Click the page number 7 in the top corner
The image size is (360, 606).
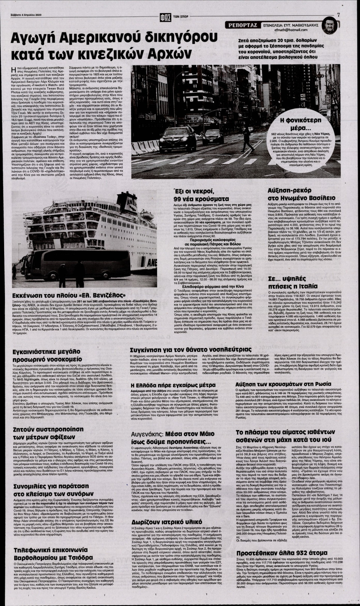click(x=338, y=5)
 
